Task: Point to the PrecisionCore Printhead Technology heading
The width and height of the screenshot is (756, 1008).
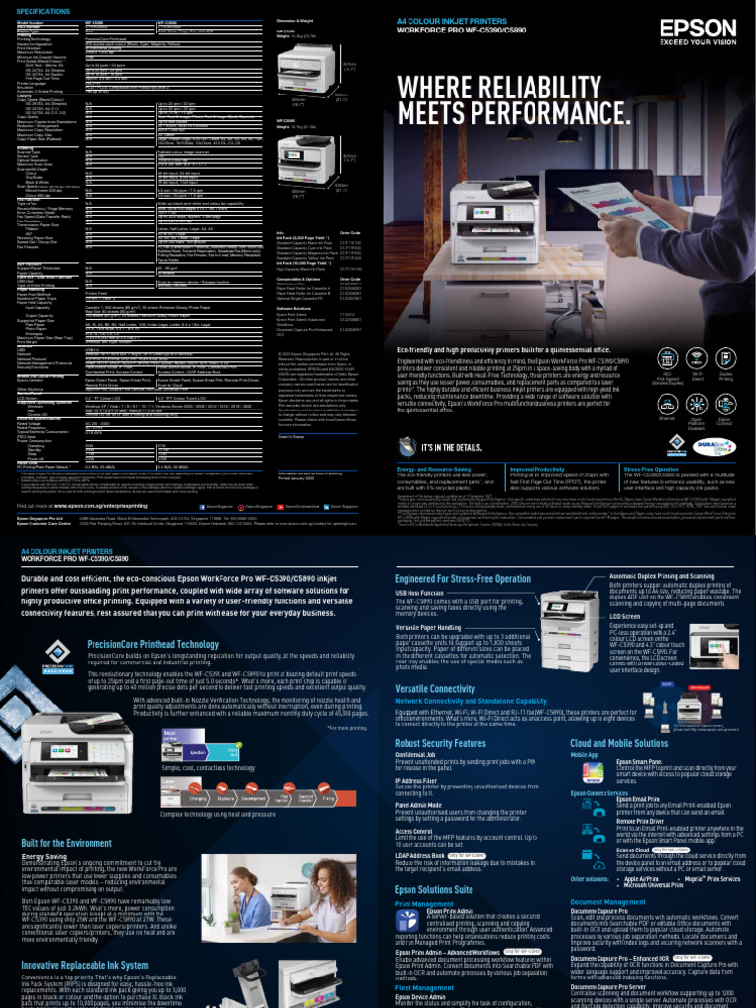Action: [x=152, y=644]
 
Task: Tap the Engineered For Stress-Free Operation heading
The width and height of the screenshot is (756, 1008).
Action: [x=463, y=578]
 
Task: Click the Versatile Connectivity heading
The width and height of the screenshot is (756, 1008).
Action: [x=435, y=690]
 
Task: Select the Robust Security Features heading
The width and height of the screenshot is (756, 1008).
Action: [x=440, y=744]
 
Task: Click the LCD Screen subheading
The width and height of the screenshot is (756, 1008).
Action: [x=625, y=615]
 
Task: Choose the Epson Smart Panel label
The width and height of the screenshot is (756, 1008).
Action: [x=639, y=761]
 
